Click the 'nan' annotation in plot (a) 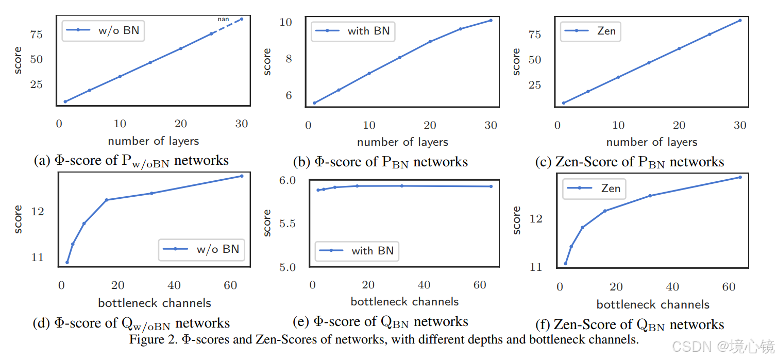tap(223, 20)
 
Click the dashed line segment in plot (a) tap(226, 26)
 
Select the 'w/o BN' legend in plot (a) tap(103, 30)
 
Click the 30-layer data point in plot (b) tap(491, 20)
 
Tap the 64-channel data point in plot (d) tap(241, 176)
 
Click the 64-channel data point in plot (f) tap(740, 177)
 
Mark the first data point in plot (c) tap(564, 103)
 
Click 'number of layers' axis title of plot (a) tap(153, 141)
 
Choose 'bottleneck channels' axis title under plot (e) tap(404, 301)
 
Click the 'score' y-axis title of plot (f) tap(517, 220)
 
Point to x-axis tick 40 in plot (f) tap(672, 287)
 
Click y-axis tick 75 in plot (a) tap(37, 35)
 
